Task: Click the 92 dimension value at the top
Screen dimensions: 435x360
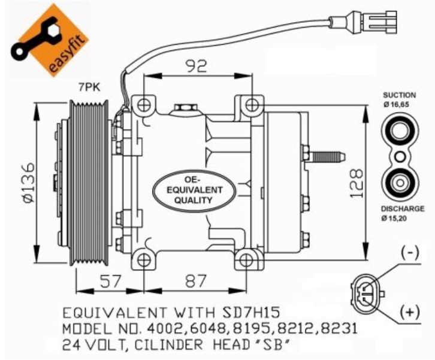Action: (197, 66)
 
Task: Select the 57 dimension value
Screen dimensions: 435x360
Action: (111, 281)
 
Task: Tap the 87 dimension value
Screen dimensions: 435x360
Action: (196, 281)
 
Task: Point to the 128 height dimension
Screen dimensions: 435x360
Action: (357, 183)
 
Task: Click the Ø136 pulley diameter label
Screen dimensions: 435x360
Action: (29, 183)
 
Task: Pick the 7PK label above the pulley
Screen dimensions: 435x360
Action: (89, 87)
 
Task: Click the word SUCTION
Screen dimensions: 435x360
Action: (399, 95)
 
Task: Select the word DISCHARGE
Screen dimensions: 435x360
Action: (403, 208)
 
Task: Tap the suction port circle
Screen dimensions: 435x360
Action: (400, 130)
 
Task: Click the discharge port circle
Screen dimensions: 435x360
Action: (400, 183)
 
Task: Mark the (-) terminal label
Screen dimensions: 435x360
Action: (410, 253)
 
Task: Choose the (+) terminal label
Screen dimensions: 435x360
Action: (410, 312)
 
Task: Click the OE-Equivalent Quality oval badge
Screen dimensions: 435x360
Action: (194, 190)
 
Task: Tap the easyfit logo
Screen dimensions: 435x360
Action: (50, 40)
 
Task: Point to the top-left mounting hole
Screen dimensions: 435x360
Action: (144, 105)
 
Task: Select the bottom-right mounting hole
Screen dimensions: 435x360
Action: (246, 261)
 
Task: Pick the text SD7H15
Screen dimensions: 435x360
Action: (251, 313)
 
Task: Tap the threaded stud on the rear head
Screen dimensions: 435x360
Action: (328, 156)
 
